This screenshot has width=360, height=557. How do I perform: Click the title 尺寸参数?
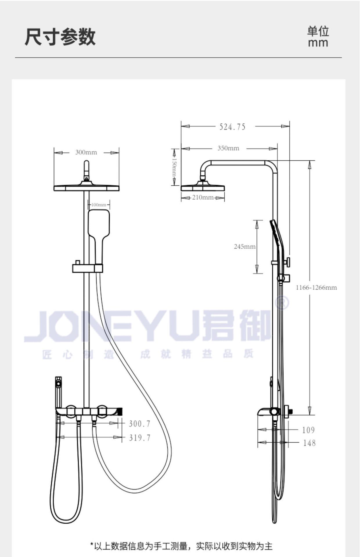[60, 37]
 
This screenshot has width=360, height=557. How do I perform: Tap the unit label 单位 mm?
[318, 37]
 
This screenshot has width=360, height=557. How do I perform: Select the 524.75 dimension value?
[232, 127]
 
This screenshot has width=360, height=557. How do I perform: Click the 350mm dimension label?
[228, 148]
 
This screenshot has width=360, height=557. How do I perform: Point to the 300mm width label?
[86, 152]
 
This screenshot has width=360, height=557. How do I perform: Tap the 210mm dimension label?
[203, 198]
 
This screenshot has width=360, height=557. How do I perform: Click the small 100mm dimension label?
[99, 205]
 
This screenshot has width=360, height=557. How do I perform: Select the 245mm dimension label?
[245, 247]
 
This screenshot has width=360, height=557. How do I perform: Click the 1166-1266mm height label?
[316, 287]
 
